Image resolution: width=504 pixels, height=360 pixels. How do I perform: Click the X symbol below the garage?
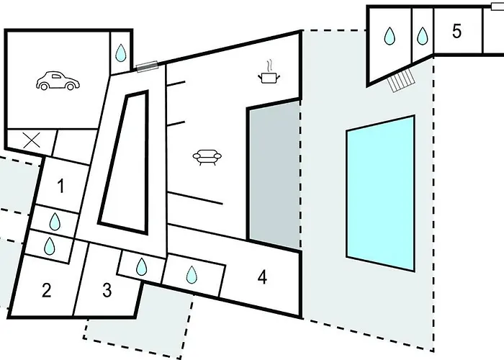click(x=31, y=140)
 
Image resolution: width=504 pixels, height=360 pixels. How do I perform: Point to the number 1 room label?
click(x=60, y=187)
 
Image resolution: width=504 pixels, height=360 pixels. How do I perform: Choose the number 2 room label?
click(x=46, y=291)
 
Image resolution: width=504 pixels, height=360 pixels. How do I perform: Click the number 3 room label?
click(x=107, y=291)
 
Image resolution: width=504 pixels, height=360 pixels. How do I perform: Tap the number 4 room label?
click(x=262, y=276)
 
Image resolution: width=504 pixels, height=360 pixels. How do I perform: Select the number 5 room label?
click(x=456, y=31)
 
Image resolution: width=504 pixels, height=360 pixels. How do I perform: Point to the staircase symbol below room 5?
click(x=402, y=81)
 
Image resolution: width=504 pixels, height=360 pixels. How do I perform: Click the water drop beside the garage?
click(x=121, y=53)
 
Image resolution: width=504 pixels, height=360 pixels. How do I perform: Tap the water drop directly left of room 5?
click(x=422, y=35)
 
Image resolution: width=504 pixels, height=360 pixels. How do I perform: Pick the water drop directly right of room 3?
click(x=142, y=268)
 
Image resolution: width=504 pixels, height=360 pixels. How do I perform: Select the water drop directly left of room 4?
click(x=192, y=274)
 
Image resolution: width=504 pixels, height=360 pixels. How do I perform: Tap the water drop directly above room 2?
click(x=50, y=246)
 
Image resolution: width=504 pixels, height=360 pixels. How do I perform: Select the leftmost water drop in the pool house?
click(x=390, y=35)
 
